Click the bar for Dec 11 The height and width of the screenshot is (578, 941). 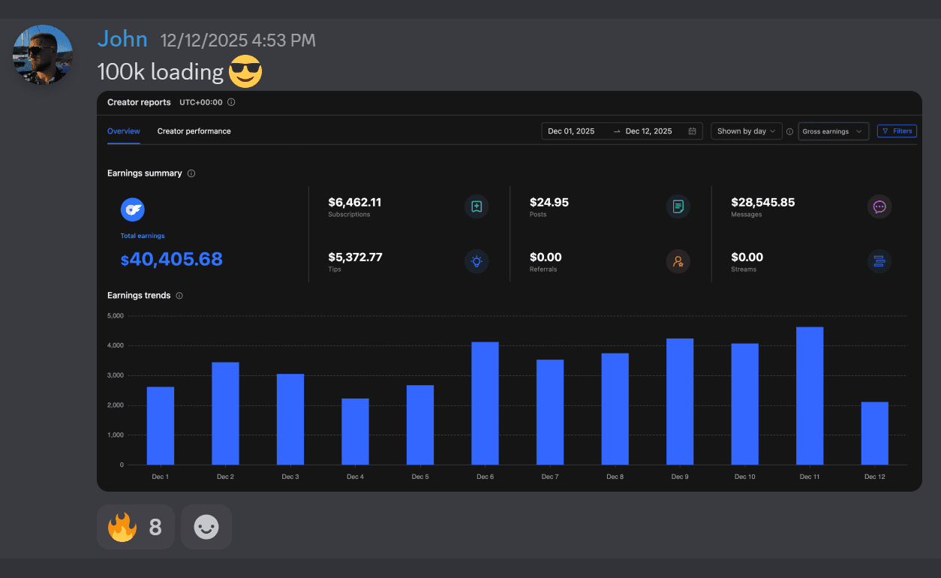[x=810, y=396]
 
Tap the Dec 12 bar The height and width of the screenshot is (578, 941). [x=874, y=433]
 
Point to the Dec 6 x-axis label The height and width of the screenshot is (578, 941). [x=485, y=477]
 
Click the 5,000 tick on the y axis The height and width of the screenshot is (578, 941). [x=115, y=316]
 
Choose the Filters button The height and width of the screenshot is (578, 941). [x=897, y=131]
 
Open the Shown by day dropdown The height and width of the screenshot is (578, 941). [x=746, y=131]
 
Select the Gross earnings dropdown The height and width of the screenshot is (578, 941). [x=832, y=131]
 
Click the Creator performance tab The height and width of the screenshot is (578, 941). [x=194, y=131]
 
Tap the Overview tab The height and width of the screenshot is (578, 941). [x=124, y=131]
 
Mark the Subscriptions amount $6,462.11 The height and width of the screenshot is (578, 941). [x=355, y=203]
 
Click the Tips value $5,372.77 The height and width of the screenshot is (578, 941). [x=355, y=257]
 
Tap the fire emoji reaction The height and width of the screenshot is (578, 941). [x=122, y=527]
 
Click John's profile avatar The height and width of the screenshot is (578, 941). [x=43, y=54]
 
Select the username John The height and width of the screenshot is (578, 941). [x=122, y=39]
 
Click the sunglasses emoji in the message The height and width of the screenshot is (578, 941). [x=245, y=72]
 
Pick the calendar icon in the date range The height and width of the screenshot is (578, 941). [x=692, y=131]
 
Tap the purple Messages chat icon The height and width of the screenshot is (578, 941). [x=879, y=206]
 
